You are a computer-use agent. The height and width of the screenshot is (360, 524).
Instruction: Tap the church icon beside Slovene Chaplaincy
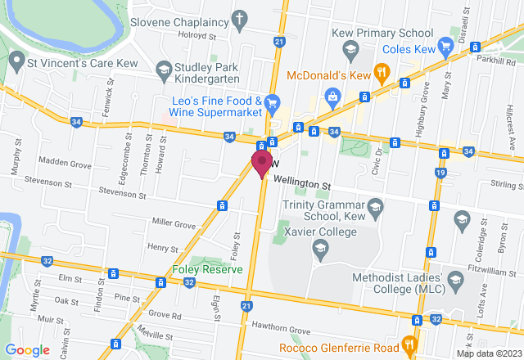(x=239, y=18)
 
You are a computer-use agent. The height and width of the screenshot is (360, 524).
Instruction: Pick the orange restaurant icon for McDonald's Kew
(x=380, y=73)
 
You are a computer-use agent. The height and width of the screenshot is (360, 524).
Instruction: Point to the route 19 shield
(x=440, y=173)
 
